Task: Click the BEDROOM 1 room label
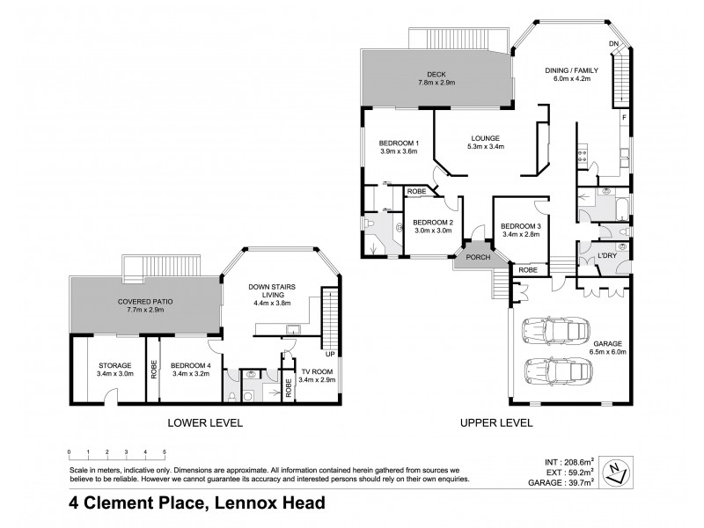coord(398,143)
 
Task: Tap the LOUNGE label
coord(485,138)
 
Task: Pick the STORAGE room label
coord(114,365)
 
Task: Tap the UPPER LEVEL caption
coord(496,422)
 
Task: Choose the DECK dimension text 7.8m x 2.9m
coord(437,82)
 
